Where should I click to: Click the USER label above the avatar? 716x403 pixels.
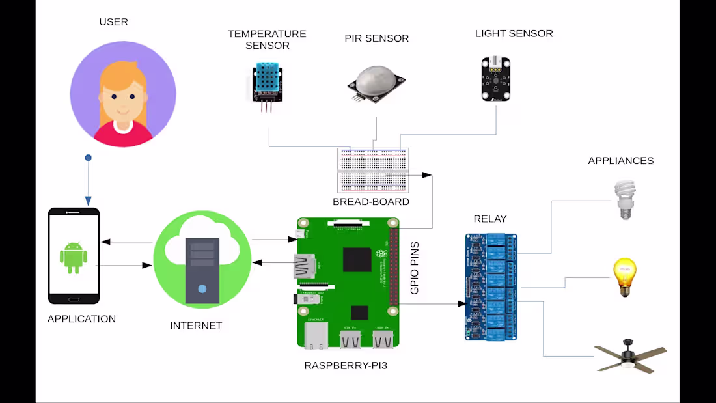coord(113,22)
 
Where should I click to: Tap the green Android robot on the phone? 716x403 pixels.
coord(74,257)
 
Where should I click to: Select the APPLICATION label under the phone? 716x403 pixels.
coord(81,319)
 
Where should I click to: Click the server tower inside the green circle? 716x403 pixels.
coord(202,270)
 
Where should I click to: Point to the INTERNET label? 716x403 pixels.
coord(196,326)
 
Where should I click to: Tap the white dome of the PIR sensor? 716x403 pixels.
coord(377,77)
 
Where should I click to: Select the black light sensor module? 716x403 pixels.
coord(496,79)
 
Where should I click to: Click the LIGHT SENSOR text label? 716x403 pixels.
coord(514,33)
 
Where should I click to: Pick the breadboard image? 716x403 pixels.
coord(372,170)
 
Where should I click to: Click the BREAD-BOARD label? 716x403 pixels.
coord(371,202)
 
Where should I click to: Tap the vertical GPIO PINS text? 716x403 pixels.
coord(415,268)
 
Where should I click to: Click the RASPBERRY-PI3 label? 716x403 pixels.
coord(346,366)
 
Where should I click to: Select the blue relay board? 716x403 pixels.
coord(491,286)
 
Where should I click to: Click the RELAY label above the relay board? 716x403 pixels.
coord(490,219)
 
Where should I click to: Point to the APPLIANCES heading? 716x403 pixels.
coord(620,161)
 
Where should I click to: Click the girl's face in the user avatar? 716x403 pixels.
coord(122,94)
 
